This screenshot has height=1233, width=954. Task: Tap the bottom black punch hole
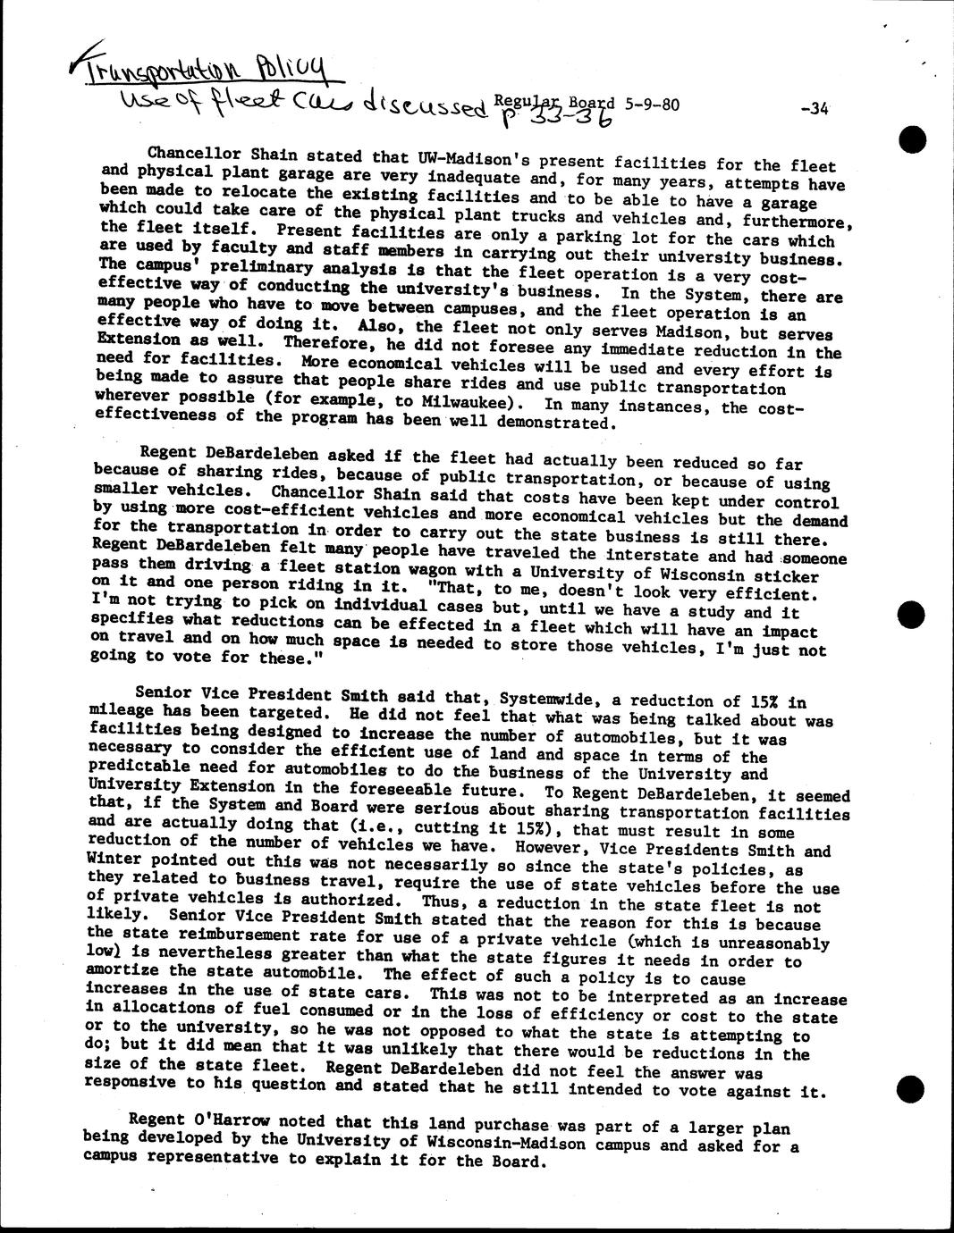[910, 1088]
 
